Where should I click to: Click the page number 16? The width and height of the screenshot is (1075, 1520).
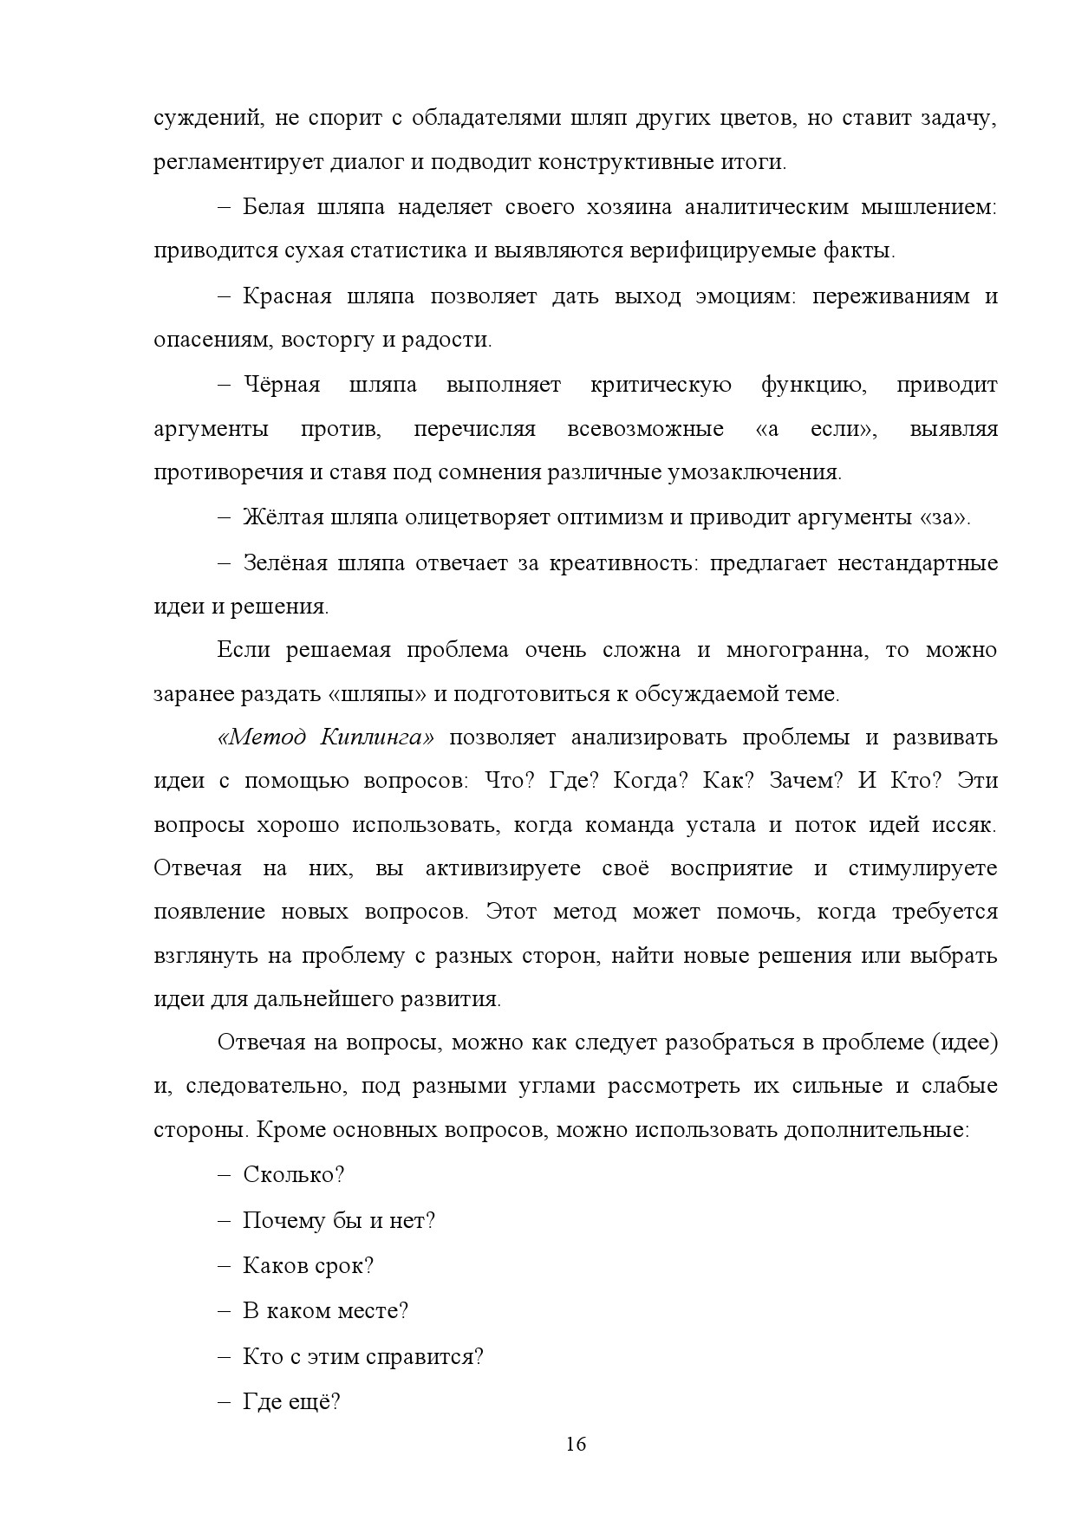point(576,1445)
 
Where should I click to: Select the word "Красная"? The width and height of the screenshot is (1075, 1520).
point(287,296)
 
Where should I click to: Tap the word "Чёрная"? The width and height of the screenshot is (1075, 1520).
point(282,385)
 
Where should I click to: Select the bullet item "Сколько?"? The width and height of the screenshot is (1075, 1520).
point(294,1175)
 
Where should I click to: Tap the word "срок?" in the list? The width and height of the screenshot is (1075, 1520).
point(343,1266)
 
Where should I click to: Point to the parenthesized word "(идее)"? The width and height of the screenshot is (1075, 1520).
point(964,1043)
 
